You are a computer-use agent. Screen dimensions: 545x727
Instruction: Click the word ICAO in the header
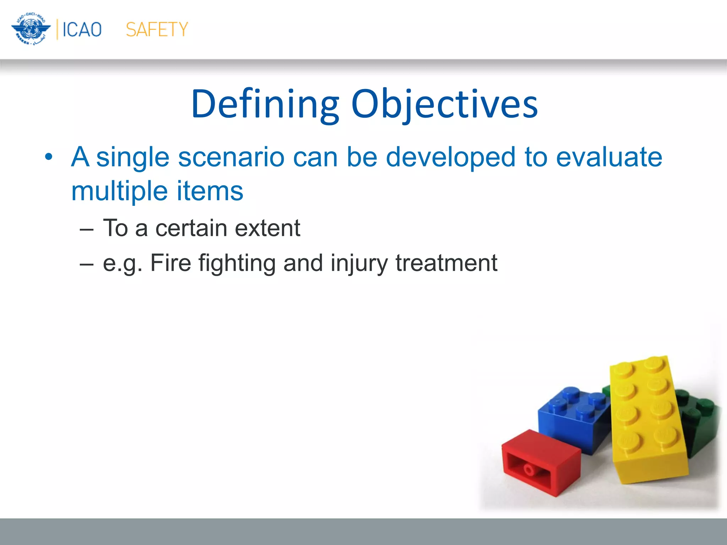(82, 29)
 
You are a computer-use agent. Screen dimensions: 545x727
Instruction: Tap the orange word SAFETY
(157, 29)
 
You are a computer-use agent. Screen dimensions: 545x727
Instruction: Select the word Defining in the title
(265, 104)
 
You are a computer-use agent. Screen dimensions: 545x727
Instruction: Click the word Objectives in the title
(444, 104)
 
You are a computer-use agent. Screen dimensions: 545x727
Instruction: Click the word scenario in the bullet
(231, 157)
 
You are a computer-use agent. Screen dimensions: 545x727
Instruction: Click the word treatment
(446, 263)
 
